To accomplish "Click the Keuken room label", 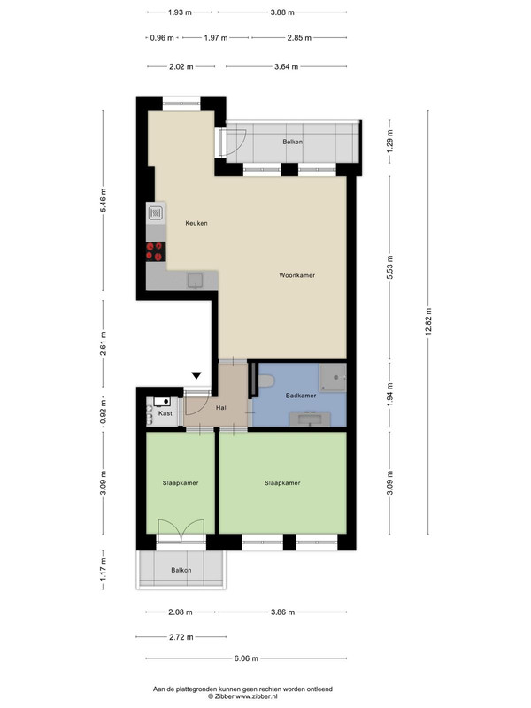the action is point(196,223).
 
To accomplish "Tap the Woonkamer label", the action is point(297,275).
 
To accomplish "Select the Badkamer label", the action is point(301,396).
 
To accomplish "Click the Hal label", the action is point(220,408).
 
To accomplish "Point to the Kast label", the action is point(165,413).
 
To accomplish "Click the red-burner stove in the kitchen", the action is point(156,251).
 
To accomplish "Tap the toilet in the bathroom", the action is point(266,381).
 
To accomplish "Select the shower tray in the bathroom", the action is point(333,378).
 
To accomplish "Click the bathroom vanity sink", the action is point(310,419).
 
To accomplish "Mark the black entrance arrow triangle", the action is point(196,375).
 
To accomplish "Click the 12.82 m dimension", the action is point(428,320).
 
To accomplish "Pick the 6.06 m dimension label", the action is point(246,658).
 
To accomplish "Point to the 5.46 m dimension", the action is point(104,200).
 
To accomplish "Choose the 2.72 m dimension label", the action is point(181,637).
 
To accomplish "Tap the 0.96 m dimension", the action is point(162,38).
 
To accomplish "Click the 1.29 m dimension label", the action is point(390,141).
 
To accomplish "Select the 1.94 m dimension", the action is point(390,392).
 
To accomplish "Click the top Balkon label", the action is point(293,142).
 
